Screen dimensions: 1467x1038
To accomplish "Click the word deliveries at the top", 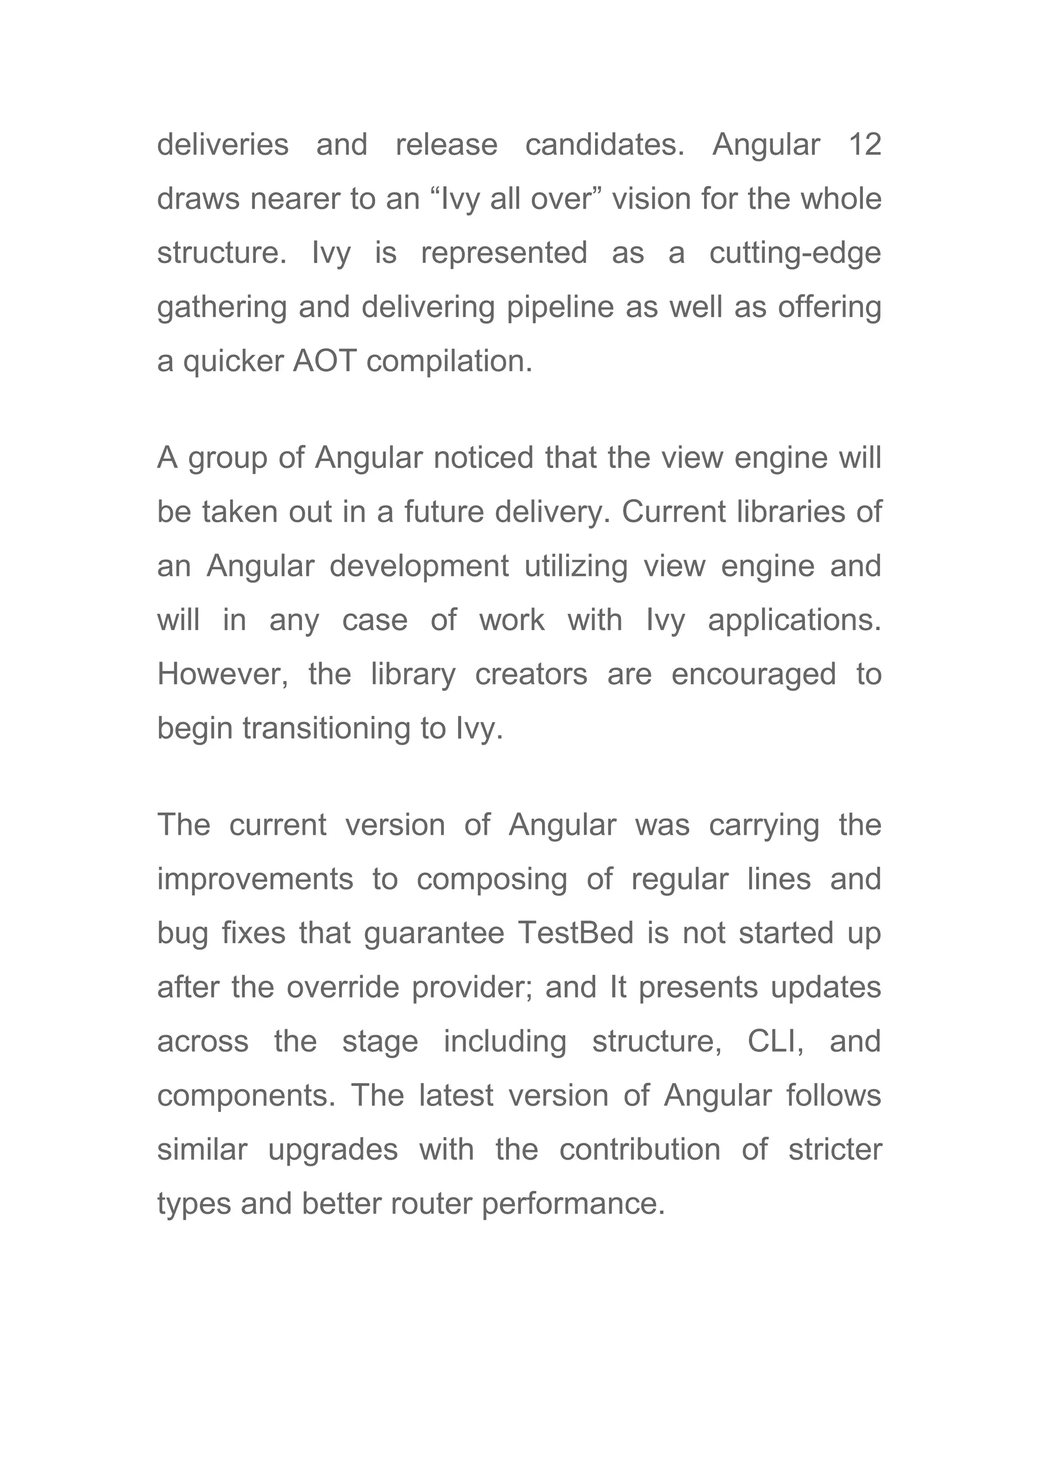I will [x=223, y=144].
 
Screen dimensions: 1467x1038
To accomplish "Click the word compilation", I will [x=450, y=362].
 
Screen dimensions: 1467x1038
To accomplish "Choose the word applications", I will [x=795, y=621].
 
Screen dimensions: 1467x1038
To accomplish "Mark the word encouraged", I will [x=754, y=675].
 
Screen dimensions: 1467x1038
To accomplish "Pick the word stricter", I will [x=835, y=1150].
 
